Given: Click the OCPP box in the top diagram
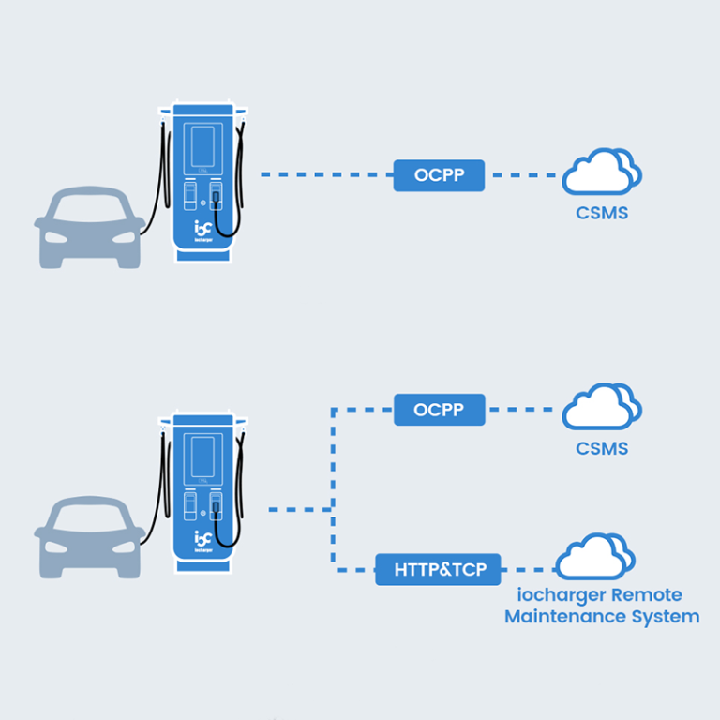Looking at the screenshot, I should [x=438, y=174].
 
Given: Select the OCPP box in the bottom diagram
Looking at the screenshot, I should [x=439, y=410].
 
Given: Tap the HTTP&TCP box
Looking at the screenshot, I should [x=438, y=569].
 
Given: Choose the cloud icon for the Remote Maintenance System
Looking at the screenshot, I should [x=595, y=557].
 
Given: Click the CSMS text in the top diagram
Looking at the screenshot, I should [x=602, y=214].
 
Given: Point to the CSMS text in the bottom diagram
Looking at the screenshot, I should [x=602, y=449].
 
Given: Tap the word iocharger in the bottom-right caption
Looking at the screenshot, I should [x=562, y=595].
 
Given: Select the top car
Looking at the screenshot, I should [x=89, y=228].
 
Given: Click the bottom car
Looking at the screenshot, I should [x=89, y=537].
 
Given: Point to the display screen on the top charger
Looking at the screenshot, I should [x=203, y=147].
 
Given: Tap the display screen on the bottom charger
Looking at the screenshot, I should [x=203, y=457].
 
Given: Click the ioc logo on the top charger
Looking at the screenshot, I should [x=203, y=228].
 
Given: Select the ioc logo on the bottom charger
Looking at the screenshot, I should [x=203, y=539].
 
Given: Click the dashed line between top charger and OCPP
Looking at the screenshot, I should [x=323, y=174].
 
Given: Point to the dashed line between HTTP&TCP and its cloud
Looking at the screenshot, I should [x=529, y=569].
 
